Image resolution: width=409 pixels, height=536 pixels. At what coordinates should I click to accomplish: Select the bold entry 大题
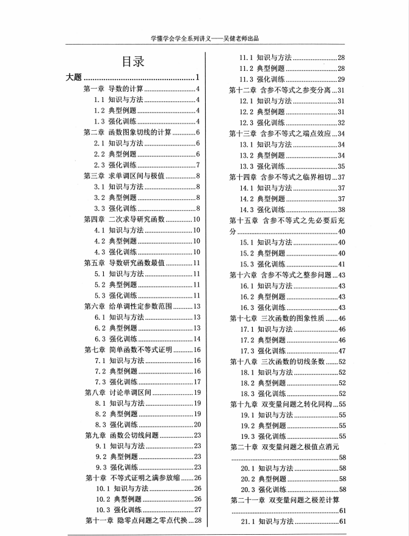tap(73, 78)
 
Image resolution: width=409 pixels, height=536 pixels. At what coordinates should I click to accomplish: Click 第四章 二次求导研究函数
tap(124, 219)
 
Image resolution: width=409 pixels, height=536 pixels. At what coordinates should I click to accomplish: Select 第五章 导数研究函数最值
tap(124, 263)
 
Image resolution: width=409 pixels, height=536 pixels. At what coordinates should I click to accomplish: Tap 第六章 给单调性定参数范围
tap(128, 306)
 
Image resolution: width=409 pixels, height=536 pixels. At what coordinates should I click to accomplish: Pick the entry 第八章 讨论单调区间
tap(117, 393)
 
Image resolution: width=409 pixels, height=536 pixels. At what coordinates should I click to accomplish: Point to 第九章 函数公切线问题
tap(121, 436)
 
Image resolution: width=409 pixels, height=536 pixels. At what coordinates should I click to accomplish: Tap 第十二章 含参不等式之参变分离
tap(280, 90)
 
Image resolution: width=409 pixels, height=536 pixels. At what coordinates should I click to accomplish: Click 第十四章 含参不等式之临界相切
tap(280, 177)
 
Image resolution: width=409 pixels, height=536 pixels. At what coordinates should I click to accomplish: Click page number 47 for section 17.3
tap(341, 350)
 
